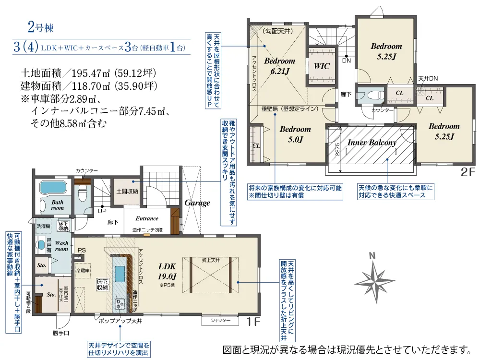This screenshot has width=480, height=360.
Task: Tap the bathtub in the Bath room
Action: [53, 187]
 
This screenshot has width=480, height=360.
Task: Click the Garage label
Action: [197, 203]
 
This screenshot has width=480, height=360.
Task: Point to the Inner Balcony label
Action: [372, 143]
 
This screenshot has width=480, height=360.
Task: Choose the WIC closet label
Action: [322, 66]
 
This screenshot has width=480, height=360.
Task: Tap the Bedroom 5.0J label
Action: [295, 134]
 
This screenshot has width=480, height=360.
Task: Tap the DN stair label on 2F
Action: [346, 61]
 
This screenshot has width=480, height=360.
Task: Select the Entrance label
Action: [147, 219]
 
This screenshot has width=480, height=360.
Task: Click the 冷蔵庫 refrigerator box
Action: [83, 270]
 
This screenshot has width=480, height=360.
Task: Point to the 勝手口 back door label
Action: [61, 332]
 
